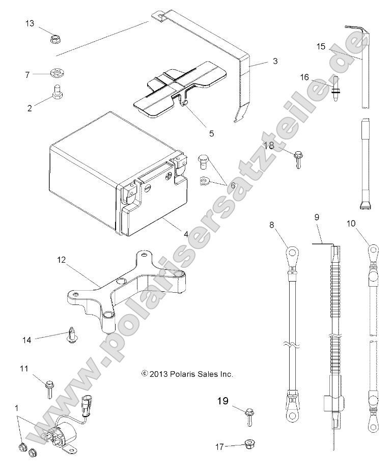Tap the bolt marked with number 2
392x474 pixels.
(57, 92)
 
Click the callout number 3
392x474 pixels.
(274, 62)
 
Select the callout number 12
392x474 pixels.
(61, 260)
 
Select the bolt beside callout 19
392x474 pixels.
(249, 415)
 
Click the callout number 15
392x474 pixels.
(320, 46)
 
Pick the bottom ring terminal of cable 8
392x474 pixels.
(292, 415)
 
